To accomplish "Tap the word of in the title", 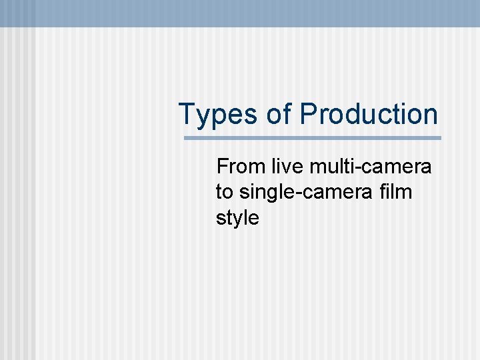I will coord(278,114).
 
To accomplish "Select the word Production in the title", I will coord(369,114).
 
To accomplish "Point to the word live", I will coord(287,166).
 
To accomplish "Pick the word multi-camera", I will coord(370,166).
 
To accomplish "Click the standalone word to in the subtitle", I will coord(225,192).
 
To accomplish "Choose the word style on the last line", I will coord(237,218).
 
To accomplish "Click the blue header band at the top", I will coord(240,13).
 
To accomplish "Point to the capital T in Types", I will coord(187,114).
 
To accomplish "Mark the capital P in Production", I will coord(308,114).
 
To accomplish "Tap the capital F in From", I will coord(223,166).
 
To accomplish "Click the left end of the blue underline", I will coord(186,139).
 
